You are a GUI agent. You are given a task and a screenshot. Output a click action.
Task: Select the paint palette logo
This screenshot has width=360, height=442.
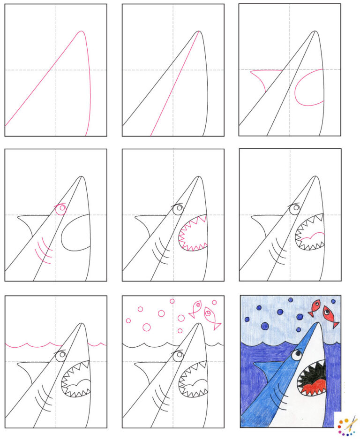(346, 425)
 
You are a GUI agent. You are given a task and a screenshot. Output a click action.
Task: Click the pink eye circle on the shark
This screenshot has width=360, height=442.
(60, 209)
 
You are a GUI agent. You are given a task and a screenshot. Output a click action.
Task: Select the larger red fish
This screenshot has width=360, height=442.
(331, 317)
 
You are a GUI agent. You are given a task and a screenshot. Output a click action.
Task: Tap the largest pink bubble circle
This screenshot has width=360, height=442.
(147, 327)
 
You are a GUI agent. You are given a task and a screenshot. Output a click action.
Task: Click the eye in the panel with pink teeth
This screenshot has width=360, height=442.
(177, 210)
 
